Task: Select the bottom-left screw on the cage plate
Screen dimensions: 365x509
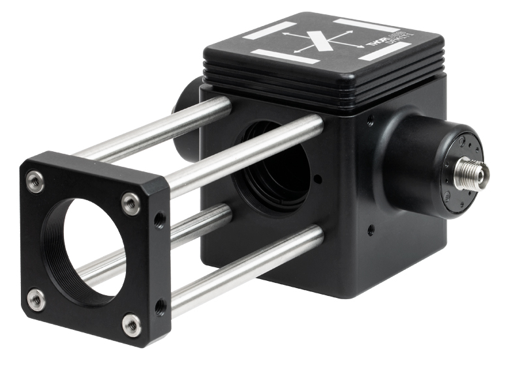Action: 37,299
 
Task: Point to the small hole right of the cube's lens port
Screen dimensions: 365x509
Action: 317,177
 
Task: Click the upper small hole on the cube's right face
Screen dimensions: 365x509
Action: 371,121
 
